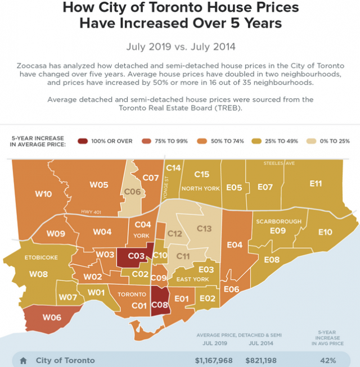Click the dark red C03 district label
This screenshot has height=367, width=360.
click(x=137, y=255)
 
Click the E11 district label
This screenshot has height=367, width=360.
click(x=316, y=183)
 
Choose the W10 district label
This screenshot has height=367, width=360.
click(x=43, y=194)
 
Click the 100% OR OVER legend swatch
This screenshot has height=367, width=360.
click(x=83, y=141)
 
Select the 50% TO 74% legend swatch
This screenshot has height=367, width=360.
click(x=200, y=141)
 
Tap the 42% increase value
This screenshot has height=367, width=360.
click(x=328, y=360)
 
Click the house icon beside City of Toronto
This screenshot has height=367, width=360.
click(x=23, y=360)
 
